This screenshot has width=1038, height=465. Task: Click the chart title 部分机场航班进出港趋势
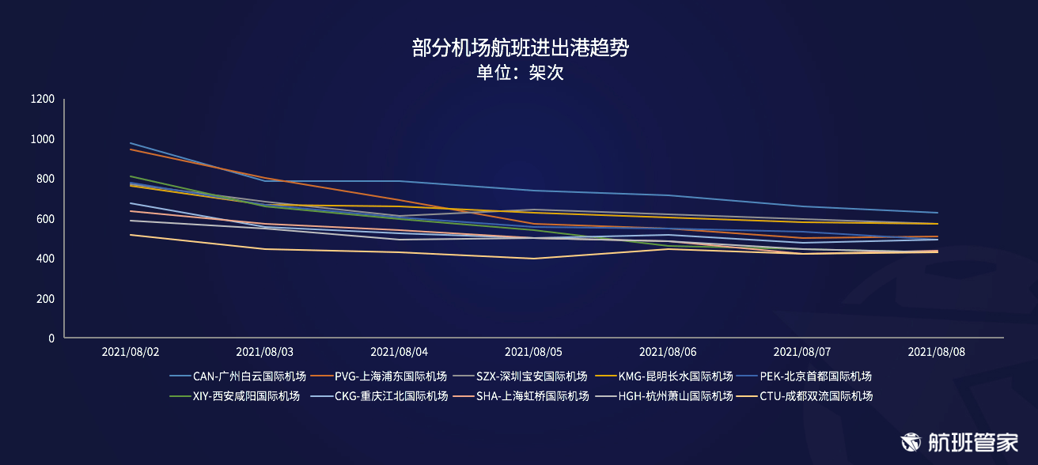coord(520,47)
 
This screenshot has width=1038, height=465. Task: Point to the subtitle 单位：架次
coord(520,73)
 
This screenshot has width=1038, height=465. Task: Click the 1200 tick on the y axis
coord(42,99)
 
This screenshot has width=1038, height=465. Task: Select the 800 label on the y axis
coord(45,179)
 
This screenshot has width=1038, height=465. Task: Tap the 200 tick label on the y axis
coord(45,299)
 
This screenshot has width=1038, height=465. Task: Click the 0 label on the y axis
coord(51,338)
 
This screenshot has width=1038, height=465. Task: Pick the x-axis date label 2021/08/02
coord(131,352)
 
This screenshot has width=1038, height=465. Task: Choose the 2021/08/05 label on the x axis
coord(533,352)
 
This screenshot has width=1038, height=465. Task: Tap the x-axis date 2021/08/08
coord(937,352)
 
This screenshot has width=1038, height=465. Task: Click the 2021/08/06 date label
coord(668,352)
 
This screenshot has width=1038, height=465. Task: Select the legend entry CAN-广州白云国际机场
coord(237,376)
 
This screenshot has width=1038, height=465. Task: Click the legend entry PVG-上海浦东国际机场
coord(379,376)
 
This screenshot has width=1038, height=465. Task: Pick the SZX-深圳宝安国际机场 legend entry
coord(520,376)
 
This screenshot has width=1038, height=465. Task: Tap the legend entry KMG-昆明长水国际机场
coord(664,376)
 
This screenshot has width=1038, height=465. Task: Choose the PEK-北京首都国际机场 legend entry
coord(804,376)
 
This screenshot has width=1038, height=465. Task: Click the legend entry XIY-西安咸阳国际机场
coord(234,396)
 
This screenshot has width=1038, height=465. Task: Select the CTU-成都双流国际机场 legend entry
coord(805,396)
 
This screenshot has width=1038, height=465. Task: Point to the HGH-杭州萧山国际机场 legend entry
coord(664,396)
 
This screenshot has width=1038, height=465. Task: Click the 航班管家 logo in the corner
coord(959,442)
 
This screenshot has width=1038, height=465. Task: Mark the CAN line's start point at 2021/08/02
coord(131,143)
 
